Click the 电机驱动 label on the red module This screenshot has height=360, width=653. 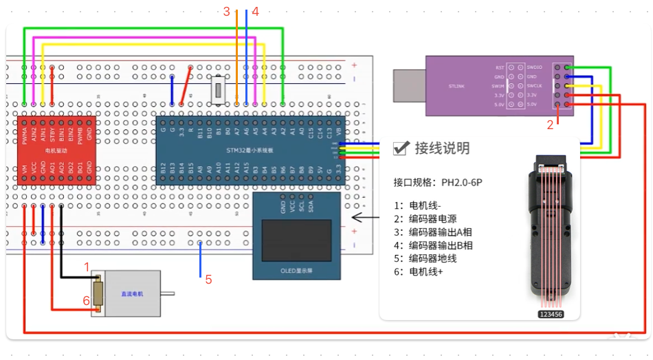coord(56,150)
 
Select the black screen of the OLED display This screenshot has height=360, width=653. coord(296,240)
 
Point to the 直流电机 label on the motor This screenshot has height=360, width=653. coord(132,294)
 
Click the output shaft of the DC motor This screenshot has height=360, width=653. coord(168,294)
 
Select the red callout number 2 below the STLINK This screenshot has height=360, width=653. coord(550,125)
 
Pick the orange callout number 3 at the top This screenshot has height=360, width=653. coord(226,11)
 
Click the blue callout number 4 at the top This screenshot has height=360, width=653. coord(255,11)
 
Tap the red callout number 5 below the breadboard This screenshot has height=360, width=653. coord(208,280)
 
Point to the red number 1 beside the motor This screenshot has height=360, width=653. coord(87,266)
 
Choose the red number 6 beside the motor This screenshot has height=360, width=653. coord(87,301)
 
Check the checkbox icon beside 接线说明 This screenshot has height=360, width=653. coord(401,148)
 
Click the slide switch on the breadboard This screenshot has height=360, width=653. coord(219,89)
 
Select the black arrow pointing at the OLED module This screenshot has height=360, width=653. coord(364,218)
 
